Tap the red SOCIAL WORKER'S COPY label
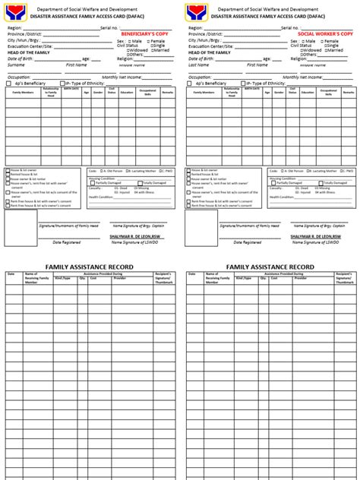[x=326, y=34]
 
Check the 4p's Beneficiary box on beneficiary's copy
[x=8, y=83]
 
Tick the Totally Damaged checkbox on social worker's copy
[x=309, y=183]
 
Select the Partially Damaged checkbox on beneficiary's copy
[x=92, y=183]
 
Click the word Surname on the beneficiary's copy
[x=17, y=65]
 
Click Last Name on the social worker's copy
[x=199, y=65]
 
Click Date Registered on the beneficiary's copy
[x=67, y=242]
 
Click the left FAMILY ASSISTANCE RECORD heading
[x=89, y=267]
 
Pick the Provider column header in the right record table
[x=301, y=278]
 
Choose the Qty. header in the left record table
[x=83, y=278]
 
